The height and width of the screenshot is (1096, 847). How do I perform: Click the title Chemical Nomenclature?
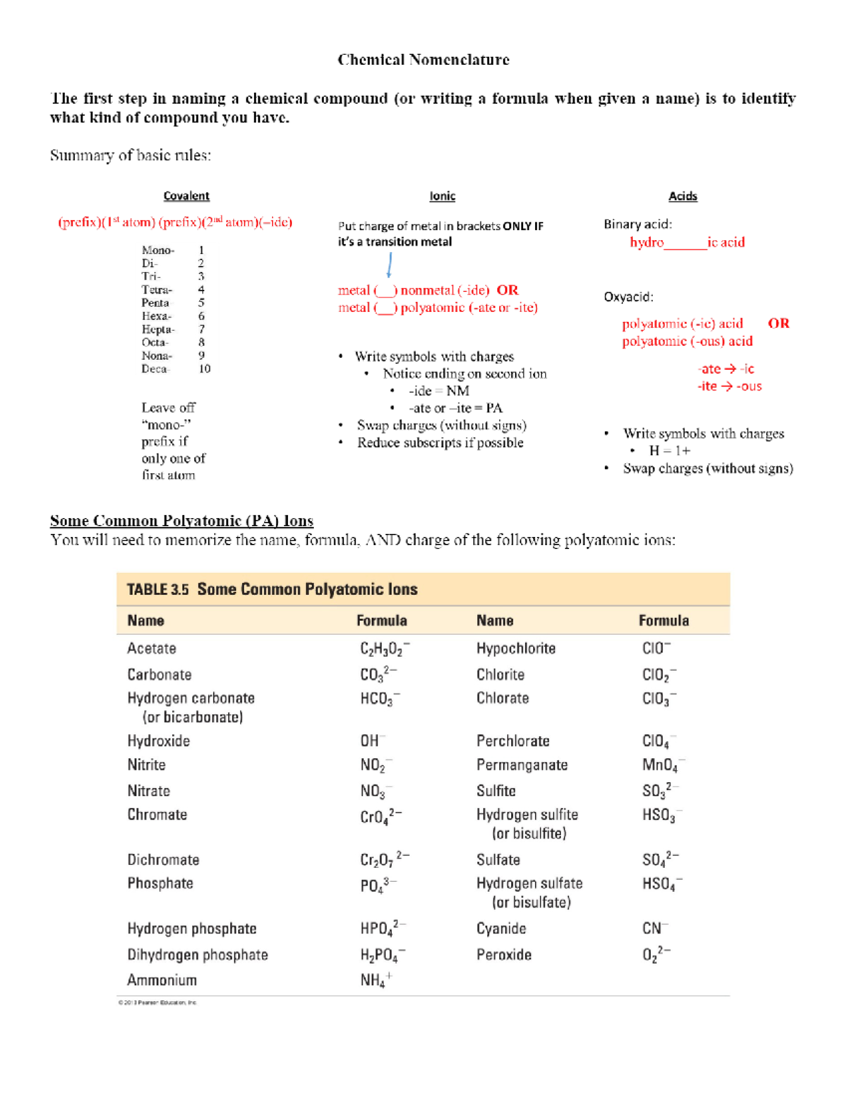coord(423,60)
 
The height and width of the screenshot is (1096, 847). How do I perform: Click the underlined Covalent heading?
coord(186,196)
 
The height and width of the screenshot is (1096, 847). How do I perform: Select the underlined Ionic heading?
coord(443,196)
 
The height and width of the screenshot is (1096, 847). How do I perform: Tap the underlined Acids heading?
coord(683,196)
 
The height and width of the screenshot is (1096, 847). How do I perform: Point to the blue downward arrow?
coord(389,265)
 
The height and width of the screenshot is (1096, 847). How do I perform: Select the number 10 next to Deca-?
coord(204,368)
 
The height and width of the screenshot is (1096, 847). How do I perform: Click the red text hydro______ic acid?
coord(687,242)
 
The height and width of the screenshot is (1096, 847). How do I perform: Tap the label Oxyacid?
coord(628,297)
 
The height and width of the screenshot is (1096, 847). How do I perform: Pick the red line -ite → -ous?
coord(729,386)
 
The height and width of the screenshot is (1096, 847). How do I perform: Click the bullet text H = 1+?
coord(669,451)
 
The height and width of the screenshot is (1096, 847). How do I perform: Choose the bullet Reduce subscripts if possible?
coord(440,442)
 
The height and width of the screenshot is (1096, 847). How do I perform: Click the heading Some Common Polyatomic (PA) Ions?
coord(181,521)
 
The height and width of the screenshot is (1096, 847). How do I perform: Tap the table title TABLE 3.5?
coord(157,589)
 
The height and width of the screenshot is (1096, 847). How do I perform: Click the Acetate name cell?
coord(152,649)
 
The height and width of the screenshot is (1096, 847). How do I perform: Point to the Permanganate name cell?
coord(522,765)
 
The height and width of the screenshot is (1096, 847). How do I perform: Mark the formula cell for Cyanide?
coord(655,928)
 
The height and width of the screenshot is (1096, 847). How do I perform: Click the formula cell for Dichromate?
coord(384,860)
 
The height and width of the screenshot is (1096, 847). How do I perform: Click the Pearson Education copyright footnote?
coord(157,1002)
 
